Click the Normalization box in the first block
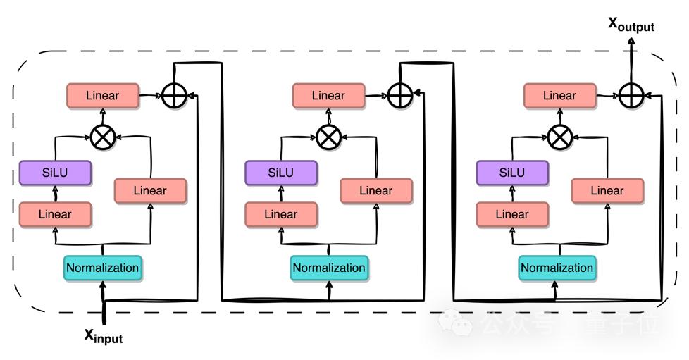tap(102, 268)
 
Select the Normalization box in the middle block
tap(329, 268)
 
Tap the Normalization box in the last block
tap(557, 268)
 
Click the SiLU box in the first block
tap(55, 173)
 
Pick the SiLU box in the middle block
tap(280, 173)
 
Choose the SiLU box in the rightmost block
tap(512, 173)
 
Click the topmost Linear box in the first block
tap(103, 96)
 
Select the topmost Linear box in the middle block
tap(329, 96)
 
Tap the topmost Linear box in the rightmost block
tap(560, 96)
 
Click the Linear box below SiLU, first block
tap(55, 214)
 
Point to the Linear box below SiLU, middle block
tap(280, 214)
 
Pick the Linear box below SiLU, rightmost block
tap(512, 214)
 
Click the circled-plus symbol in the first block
tap(173, 95)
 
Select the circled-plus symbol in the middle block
tap(399, 95)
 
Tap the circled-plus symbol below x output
tap(631, 95)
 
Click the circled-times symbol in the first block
tap(103, 137)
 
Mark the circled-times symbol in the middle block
tap(328, 137)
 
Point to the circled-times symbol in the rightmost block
tap(560, 137)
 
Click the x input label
tap(104, 336)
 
